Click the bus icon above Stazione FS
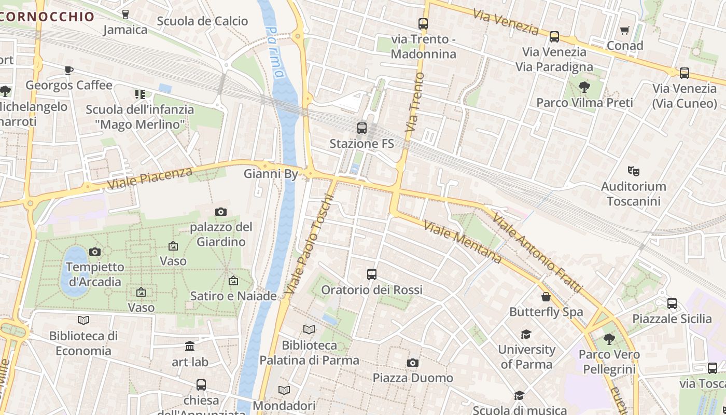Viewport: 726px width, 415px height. coord(362,128)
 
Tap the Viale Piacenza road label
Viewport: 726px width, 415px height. coord(150,178)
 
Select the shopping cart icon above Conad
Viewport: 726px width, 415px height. coord(625,30)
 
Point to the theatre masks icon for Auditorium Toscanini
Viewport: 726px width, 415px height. coord(633,170)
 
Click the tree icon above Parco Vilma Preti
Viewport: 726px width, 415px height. coord(584,87)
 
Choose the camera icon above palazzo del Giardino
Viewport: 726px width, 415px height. coord(221,212)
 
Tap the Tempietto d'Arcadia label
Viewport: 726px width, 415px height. coord(95,274)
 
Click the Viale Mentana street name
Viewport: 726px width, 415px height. coord(462,242)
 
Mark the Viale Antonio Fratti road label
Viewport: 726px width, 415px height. coord(537,252)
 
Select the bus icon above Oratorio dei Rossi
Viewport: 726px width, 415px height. coord(371,274)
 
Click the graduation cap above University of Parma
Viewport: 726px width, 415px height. coord(526,334)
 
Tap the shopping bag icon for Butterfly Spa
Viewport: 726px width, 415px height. coord(546,297)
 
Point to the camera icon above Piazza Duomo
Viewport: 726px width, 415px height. coord(413,363)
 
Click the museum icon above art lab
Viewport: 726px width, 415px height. coord(190,346)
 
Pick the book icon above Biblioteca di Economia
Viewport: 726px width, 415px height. coord(83,320)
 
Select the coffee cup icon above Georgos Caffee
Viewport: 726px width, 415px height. coord(69,70)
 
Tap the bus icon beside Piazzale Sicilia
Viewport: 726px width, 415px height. coord(672,303)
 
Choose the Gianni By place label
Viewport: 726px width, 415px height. coord(271,174)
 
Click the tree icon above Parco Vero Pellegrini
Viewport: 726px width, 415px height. coord(609,339)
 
